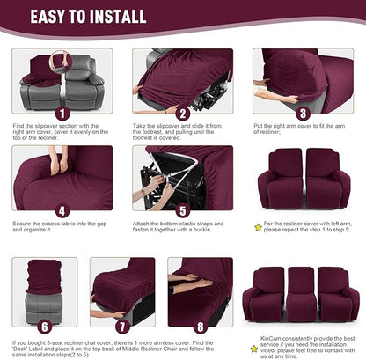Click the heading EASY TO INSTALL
pos(102,16)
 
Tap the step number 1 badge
pos(61,114)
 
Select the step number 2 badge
pos(182,114)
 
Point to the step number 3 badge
pos(302,114)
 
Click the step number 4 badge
pos(61,211)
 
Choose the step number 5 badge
pos(182,211)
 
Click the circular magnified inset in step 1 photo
pos(62,62)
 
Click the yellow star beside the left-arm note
pos(258,226)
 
